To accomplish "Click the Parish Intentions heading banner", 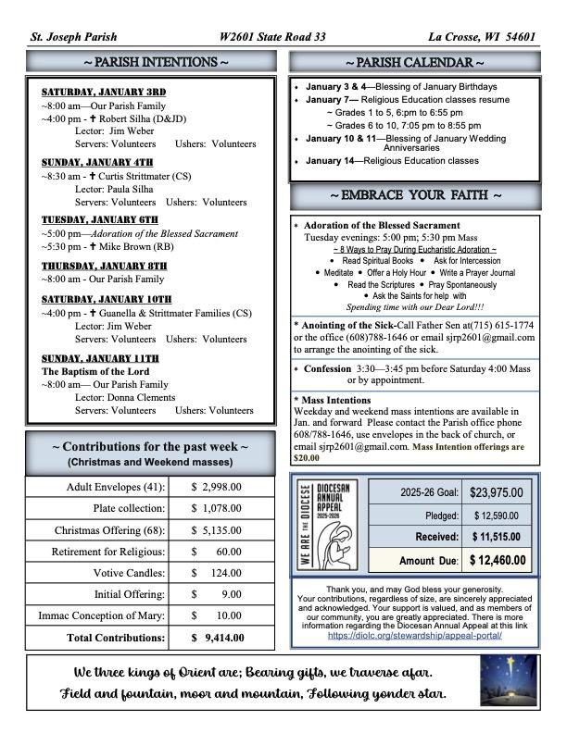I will pyautogui.click(x=150, y=62).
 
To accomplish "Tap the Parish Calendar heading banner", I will pyautogui.click(x=414, y=62).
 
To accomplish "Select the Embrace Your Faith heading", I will pyautogui.click(x=414, y=196).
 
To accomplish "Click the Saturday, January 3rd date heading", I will pyautogui.click(x=104, y=92).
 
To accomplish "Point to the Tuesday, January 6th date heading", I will pyautogui.click(x=100, y=219).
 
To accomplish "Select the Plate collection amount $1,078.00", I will pyautogui.click(x=216, y=508).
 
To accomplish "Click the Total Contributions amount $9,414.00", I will pyautogui.click(x=216, y=637).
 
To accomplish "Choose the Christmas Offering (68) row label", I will pyautogui.click(x=110, y=530).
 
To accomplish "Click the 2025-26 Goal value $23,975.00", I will pyautogui.click(x=496, y=493).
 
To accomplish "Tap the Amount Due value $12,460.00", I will pyautogui.click(x=496, y=560).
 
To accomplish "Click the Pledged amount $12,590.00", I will pyautogui.click(x=496, y=516).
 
